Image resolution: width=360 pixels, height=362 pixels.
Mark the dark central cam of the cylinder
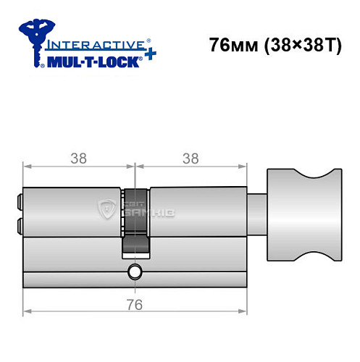135,221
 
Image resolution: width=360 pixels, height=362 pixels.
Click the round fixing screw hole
133,272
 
